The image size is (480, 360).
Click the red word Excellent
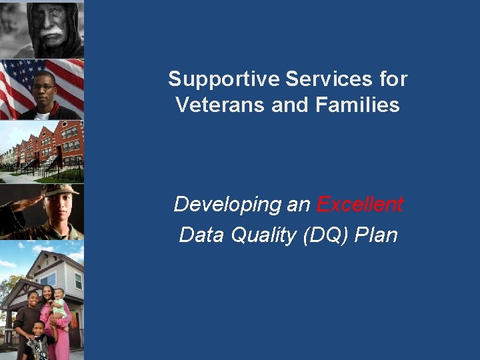(x=359, y=204)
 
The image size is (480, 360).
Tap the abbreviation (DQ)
(x=327, y=235)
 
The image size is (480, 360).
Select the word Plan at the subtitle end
(x=377, y=235)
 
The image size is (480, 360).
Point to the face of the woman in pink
(x=48, y=293)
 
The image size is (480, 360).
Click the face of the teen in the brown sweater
(x=33, y=299)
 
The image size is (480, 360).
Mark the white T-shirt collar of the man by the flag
(x=42, y=115)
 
